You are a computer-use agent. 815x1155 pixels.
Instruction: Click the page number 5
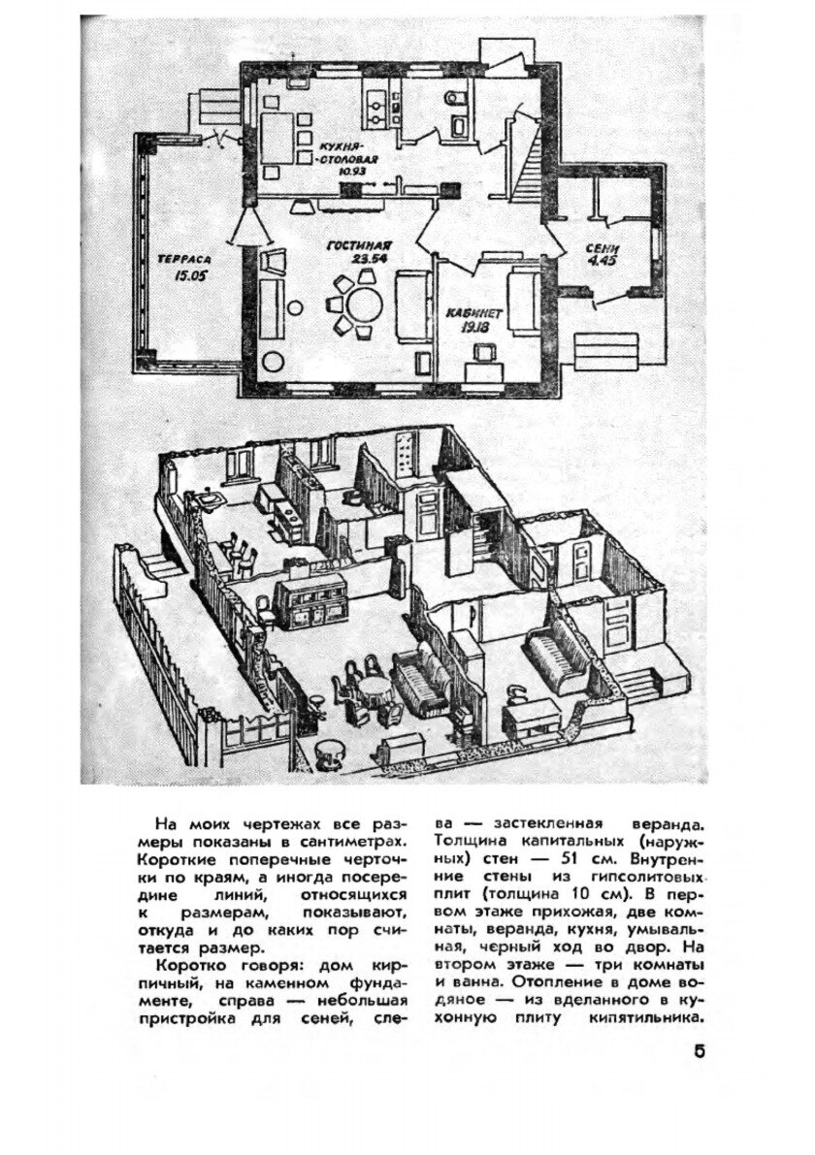pos(700,1053)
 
